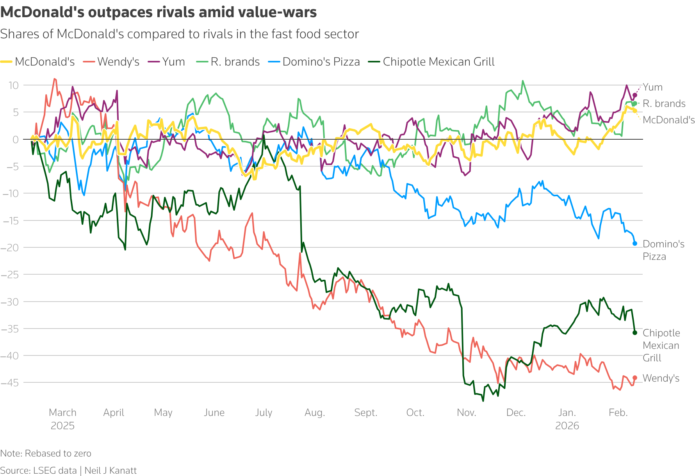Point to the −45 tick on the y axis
10,383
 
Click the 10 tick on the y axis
14,85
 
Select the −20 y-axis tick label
10,248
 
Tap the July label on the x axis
264,413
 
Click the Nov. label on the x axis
466,413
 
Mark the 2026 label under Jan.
567,426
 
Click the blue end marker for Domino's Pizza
635,243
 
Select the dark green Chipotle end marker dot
635,333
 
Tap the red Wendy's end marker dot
635,378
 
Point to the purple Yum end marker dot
635,95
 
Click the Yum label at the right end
652,87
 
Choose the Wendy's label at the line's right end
661,378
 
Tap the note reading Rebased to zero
58,453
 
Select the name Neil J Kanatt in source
110,471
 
